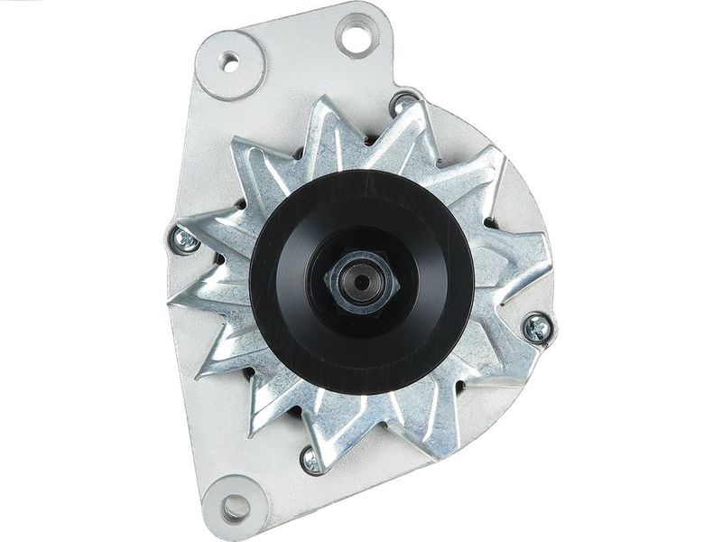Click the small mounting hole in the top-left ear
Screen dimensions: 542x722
230,62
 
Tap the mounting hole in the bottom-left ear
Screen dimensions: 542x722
235,507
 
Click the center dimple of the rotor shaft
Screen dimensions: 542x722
362,282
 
